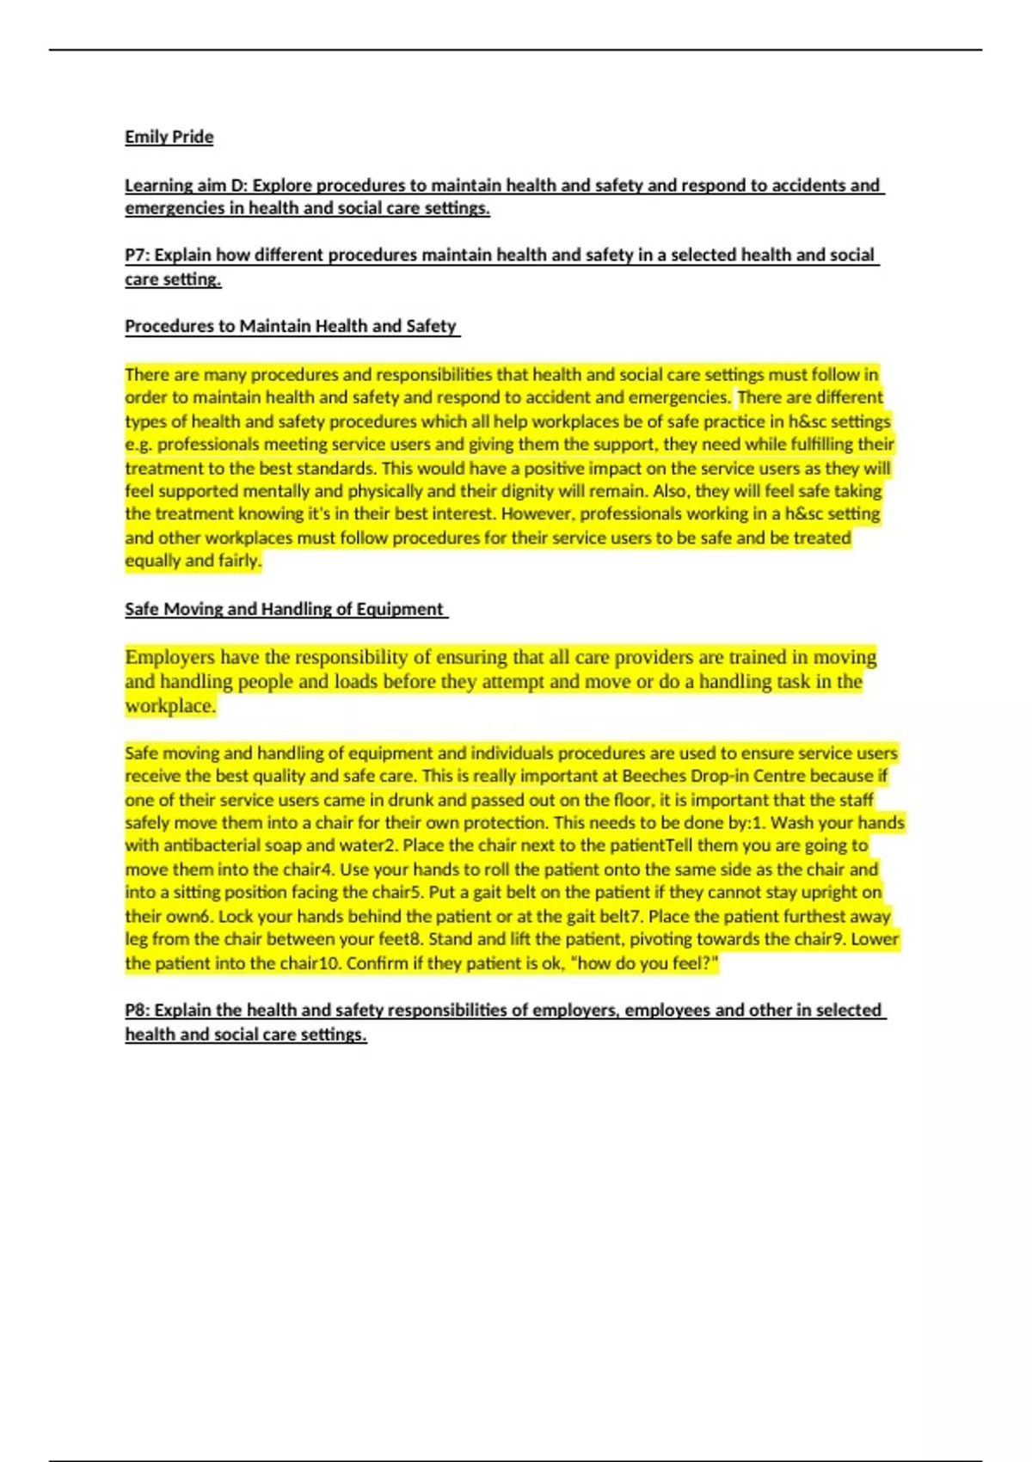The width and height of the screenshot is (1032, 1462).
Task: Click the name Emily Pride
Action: pos(169,137)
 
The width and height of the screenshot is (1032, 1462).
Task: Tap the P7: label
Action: pos(137,255)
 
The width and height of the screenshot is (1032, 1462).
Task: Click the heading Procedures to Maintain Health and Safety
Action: pos(291,326)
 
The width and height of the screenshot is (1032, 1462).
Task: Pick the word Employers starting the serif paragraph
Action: pos(169,657)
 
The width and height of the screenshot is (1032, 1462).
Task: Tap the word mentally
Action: pos(275,491)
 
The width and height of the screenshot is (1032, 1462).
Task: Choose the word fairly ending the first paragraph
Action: pos(238,561)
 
